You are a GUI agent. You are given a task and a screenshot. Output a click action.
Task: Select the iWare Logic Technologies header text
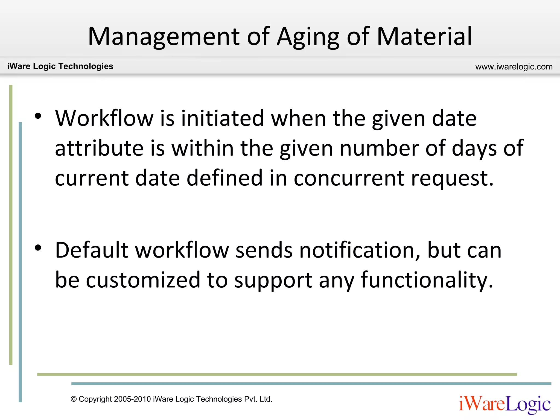pyautogui.click(x=60, y=66)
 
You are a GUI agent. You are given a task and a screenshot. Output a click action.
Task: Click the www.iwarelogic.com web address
pyautogui.click(x=514, y=67)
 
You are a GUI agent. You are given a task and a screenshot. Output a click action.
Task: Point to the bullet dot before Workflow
pyautogui.click(x=38, y=116)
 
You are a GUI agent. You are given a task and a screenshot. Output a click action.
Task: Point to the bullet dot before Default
pyautogui.click(x=38, y=248)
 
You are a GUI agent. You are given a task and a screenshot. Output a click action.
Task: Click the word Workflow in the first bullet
pyautogui.click(x=104, y=118)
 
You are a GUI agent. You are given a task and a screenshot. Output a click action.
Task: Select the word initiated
pyautogui.click(x=222, y=118)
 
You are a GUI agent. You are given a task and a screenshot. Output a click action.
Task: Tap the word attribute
pyautogui.click(x=99, y=148)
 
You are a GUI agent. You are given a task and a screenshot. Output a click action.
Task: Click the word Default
pyautogui.click(x=92, y=250)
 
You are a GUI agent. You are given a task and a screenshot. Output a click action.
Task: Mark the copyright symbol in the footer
pyautogui.click(x=74, y=399)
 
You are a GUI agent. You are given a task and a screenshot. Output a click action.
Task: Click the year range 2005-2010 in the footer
pyautogui.click(x=132, y=399)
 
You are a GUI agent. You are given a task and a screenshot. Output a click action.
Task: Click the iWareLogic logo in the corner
pyautogui.click(x=505, y=404)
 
